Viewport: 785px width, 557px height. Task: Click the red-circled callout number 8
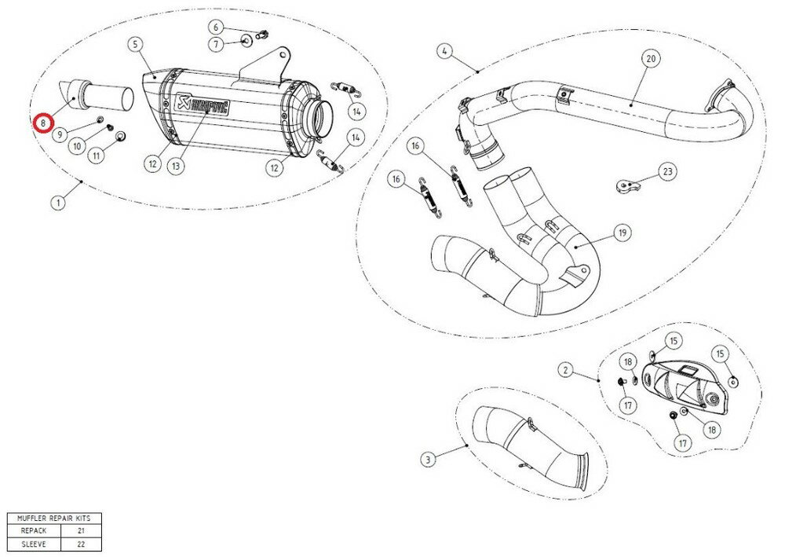pos(42,123)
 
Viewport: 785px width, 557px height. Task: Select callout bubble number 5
pos(137,44)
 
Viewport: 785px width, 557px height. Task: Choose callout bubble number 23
pos(666,171)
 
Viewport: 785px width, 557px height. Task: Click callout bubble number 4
pos(444,52)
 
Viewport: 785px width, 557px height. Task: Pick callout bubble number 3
pos(427,459)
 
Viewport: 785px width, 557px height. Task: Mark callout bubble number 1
pos(57,203)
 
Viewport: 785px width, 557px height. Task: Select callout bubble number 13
pos(176,165)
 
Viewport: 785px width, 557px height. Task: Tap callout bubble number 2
pos(564,368)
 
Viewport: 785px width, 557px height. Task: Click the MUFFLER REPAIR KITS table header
pos(53,519)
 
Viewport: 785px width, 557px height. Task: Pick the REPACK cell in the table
pos(33,531)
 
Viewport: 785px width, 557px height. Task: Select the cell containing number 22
pos(81,544)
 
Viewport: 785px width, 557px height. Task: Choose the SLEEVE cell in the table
pos(33,544)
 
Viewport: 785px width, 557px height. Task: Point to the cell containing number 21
pos(81,531)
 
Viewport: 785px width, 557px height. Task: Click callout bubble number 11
pos(97,156)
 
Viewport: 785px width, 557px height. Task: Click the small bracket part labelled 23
pos(625,187)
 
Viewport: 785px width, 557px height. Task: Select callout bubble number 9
pos(60,135)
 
